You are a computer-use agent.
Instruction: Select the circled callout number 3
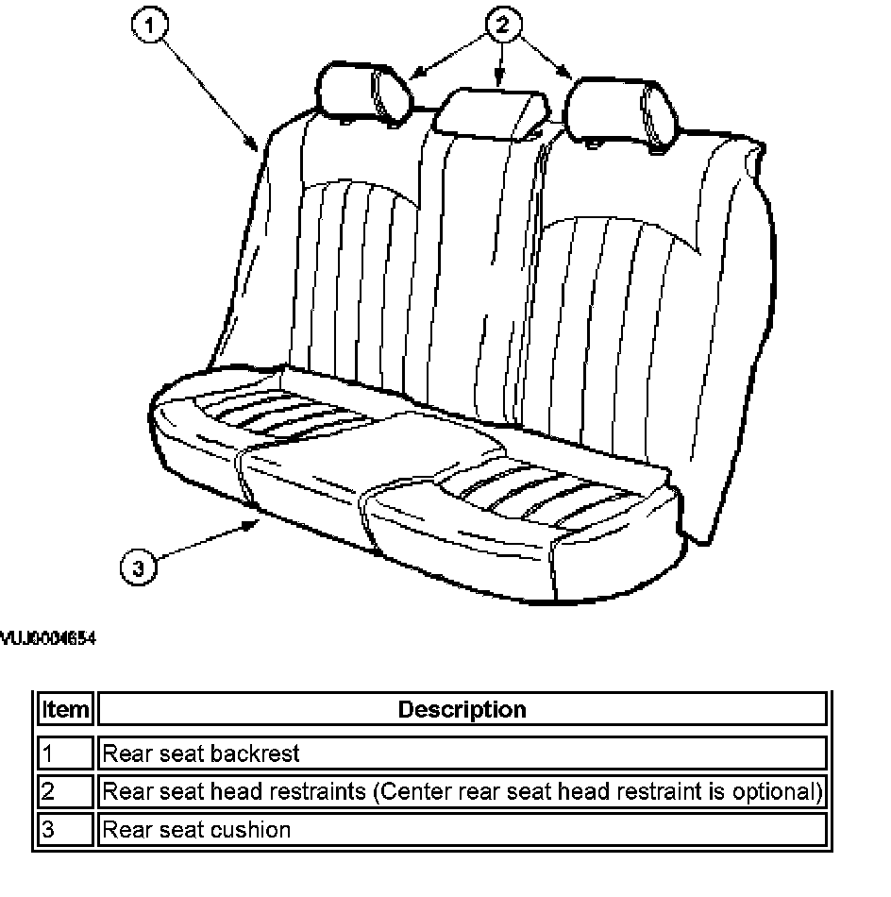tap(138, 567)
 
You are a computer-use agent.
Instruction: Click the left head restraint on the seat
tap(366, 92)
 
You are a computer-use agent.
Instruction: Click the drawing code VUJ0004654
tap(48, 638)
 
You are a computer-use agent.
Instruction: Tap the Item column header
tap(65, 709)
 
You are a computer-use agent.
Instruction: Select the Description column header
tap(462, 709)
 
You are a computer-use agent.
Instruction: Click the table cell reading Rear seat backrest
tap(201, 753)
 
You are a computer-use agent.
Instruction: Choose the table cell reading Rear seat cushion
tap(196, 830)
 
